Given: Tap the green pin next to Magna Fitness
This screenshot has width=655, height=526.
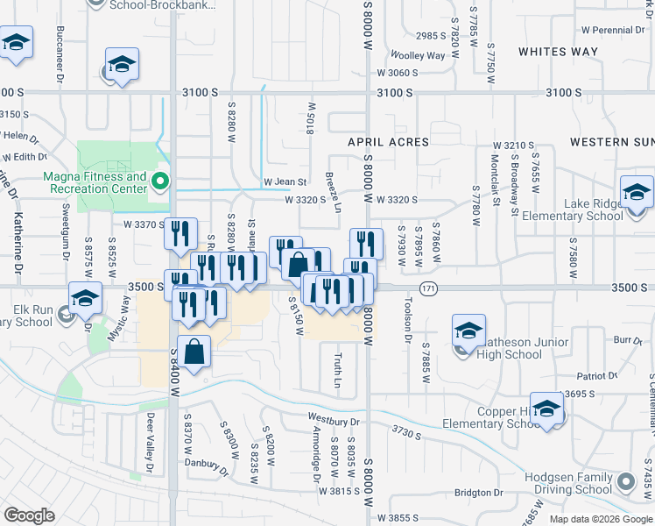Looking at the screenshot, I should (x=160, y=182).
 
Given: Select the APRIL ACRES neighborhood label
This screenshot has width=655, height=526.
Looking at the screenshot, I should (x=388, y=142).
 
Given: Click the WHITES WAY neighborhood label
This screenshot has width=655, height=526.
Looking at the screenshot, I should (x=559, y=52).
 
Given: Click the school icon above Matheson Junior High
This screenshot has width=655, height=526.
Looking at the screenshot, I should (x=468, y=331).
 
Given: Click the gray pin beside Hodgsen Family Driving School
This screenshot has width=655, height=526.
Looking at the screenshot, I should (x=625, y=481).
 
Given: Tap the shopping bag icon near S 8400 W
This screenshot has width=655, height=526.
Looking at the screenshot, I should (x=194, y=352).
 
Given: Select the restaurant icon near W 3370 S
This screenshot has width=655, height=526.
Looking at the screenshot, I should (x=180, y=233).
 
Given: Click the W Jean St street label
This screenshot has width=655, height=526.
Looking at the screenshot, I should (x=285, y=182).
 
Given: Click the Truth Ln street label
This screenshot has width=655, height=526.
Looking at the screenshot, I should (x=338, y=371).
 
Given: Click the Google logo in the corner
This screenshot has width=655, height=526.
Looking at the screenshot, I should (x=31, y=515).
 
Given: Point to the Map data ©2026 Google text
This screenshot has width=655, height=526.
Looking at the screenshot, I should (x=601, y=519).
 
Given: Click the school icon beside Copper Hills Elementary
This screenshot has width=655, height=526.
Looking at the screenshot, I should (x=547, y=409).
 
